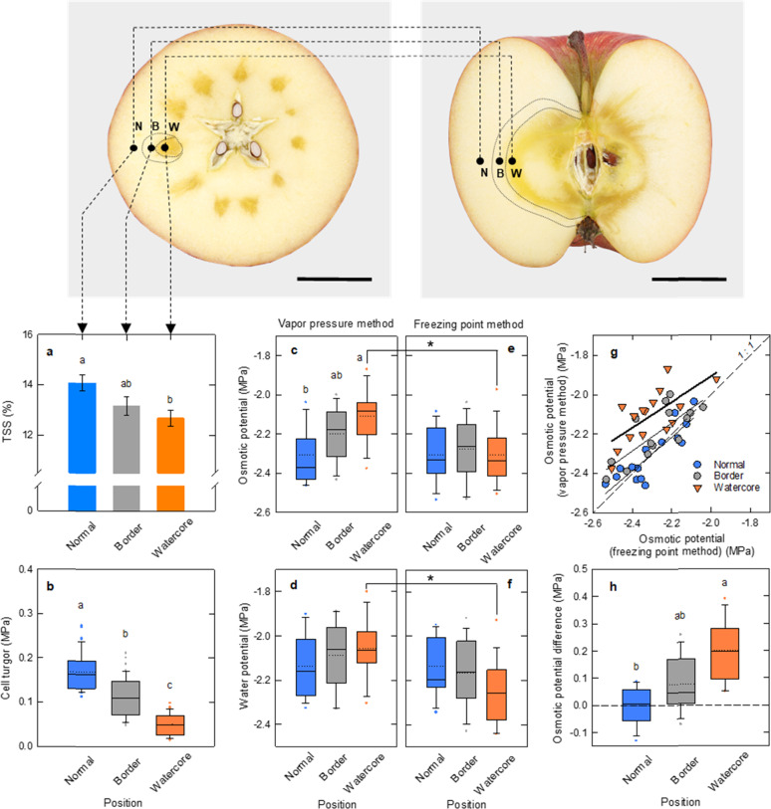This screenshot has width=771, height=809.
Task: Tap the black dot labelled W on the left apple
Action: click(x=165, y=148)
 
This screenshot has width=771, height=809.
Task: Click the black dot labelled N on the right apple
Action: click(x=481, y=160)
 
